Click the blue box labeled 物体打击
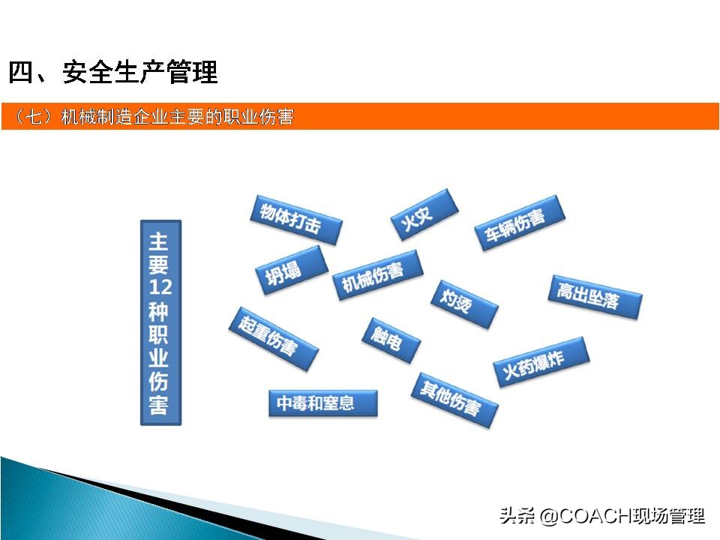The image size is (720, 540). coord(295,220)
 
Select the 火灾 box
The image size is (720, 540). coord(424,214)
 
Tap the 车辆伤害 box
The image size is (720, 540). coord(518,223)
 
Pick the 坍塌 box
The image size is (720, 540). coord(292,269)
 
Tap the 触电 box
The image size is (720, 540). coord(390,340)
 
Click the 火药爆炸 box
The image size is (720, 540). coord(541,362)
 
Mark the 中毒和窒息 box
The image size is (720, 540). coord(322,403)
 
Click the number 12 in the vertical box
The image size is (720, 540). coord(160,287)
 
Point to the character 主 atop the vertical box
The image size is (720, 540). coord(160,241)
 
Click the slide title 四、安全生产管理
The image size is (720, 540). coord(113,73)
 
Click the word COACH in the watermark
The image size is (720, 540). coord(595,517)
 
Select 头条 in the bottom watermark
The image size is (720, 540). coord(517,517)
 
